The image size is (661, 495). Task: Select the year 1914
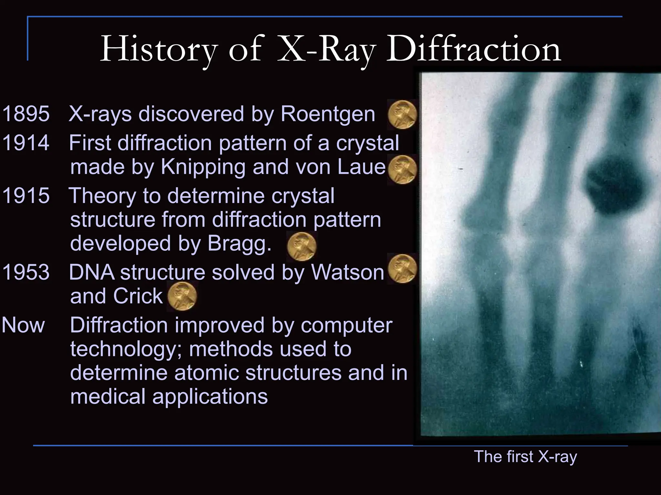click(x=26, y=143)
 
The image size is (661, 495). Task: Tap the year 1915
click(x=26, y=196)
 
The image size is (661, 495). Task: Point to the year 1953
click(x=26, y=272)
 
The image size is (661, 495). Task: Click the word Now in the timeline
click(x=23, y=325)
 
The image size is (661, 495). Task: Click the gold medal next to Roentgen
click(x=402, y=115)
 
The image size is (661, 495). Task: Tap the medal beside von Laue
click(x=402, y=170)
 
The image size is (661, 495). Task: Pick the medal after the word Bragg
click(x=301, y=247)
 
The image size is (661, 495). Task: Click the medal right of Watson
click(x=402, y=268)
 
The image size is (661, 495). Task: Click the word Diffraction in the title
click(x=473, y=49)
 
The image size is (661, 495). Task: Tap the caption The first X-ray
click(x=525, y=457)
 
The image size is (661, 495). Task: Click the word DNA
click(x=92, y=272)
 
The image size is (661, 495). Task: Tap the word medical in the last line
click(x=108, y=396)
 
